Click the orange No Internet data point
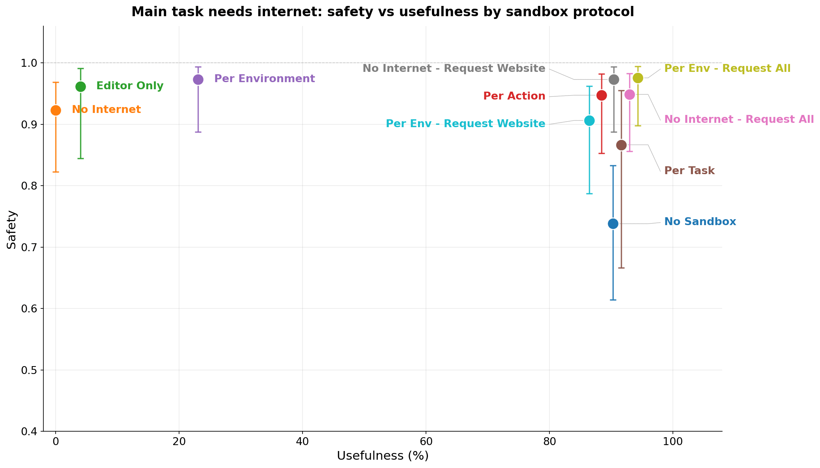[56, 110]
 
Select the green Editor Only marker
[80, 86]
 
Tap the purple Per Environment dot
[198, 79]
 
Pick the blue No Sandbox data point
[613, 224]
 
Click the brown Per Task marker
[621, 145]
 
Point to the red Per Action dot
[601, 95]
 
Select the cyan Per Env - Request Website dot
[589, 120]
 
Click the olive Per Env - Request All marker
[638, 78]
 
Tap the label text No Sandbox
[700, 222]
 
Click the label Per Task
[689, 171]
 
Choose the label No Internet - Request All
[739, 119]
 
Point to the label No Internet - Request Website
[454, 68]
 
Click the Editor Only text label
[130, 86]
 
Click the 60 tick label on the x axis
[426, 441]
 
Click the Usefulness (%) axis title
[383, 456]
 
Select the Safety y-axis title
[12, 229]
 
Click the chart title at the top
[383, 12]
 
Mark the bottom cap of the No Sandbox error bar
[613, 300]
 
